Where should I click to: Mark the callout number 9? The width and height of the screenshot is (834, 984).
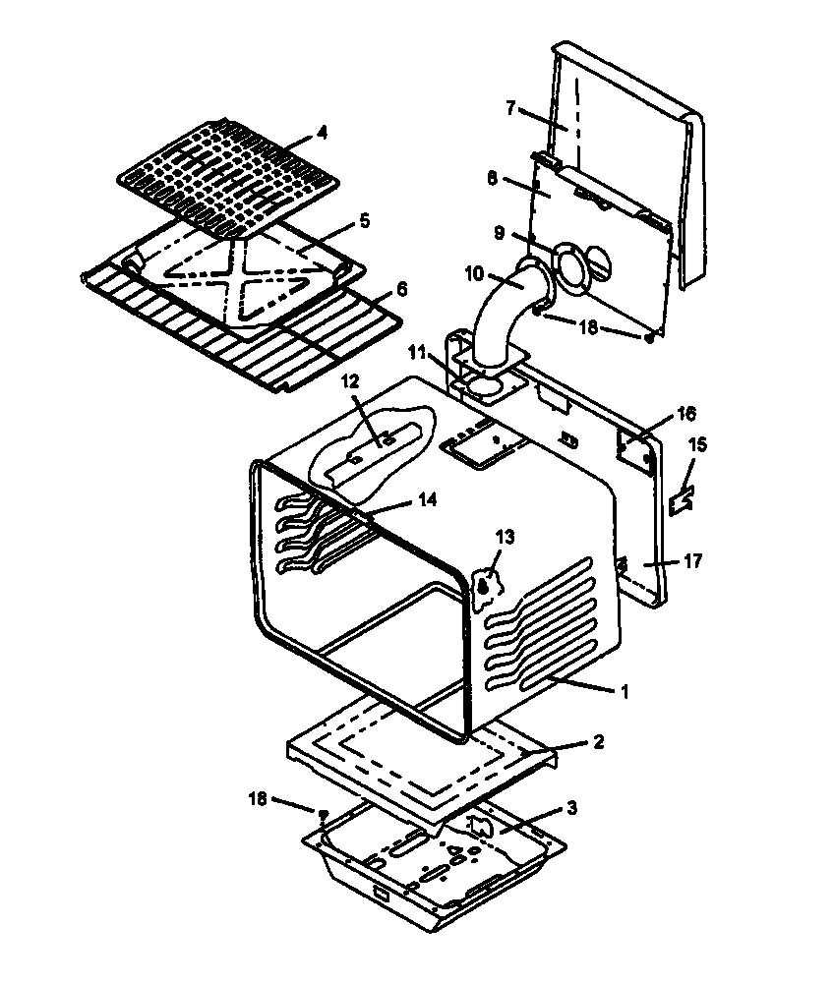click(500, 235)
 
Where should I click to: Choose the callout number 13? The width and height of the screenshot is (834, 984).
click(505, 538)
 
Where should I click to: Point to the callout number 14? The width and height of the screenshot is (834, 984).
click(425, 499)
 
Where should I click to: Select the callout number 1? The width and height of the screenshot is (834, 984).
click(622, 691)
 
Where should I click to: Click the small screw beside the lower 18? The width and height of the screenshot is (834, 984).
click(322, 813)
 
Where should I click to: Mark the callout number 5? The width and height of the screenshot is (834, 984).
click(365, 221)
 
